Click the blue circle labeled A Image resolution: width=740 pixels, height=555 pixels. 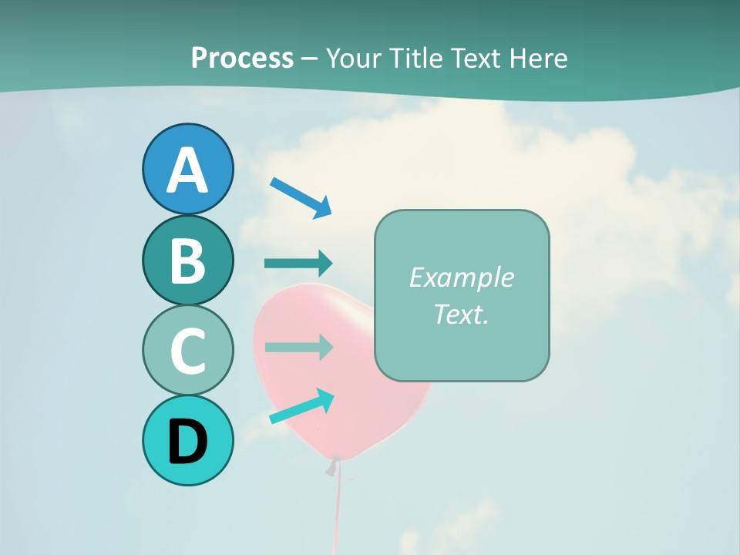(187, 169)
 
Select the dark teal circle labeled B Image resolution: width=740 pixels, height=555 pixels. (187, 260)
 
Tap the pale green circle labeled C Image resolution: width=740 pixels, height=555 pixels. (187, 350)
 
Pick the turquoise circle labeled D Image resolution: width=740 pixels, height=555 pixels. (187, 440)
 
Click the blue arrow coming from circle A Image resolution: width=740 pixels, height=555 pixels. (301, 197)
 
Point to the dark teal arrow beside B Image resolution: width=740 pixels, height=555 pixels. (298, 264)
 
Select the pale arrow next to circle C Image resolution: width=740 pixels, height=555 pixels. (298, 347)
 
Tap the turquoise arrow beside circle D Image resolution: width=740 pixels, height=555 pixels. (301, 406)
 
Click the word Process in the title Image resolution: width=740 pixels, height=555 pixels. (242, 58)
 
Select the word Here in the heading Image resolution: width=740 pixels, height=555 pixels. (539, 58)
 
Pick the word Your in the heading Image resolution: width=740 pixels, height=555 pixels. (354, 58)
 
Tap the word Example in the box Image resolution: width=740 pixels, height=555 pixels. (461, 277)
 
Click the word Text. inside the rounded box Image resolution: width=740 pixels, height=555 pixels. (461, 314)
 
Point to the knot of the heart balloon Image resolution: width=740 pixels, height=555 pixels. (332, 466)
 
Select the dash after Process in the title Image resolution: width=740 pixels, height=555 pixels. (310, 59)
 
